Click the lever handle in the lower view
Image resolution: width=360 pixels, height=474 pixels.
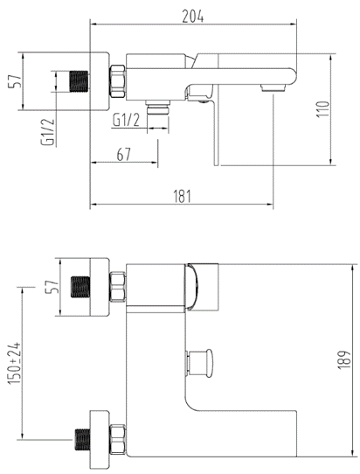(x=201, y=287)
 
